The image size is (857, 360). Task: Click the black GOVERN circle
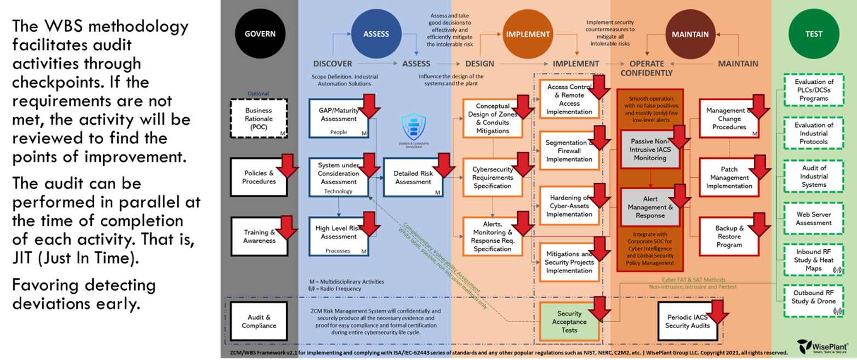260,34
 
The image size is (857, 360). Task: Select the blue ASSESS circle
376,34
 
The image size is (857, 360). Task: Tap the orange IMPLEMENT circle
527,34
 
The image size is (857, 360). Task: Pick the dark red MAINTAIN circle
690,34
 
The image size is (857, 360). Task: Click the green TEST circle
814,34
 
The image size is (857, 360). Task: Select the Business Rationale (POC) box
259,118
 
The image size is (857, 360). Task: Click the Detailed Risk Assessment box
413,178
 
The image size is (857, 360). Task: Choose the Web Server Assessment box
813,219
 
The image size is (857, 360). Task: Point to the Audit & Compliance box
259,321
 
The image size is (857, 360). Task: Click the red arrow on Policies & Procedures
287,166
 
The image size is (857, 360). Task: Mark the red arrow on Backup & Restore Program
759,225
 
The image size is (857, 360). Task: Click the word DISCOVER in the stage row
333,64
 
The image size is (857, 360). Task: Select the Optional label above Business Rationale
258,94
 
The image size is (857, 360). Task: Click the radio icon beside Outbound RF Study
837,311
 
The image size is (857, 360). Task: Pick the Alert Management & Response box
650,207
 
